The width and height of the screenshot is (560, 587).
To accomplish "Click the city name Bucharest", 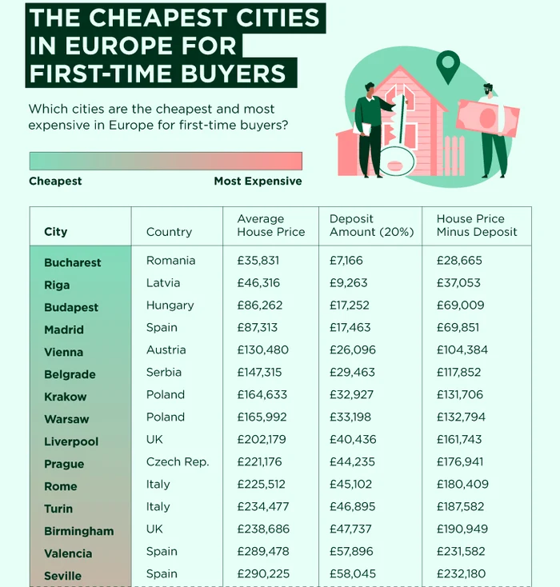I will coord(73,262).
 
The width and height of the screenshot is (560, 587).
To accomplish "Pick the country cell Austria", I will coord(166,350).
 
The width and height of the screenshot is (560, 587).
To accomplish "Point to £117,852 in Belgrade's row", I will coord(463,373).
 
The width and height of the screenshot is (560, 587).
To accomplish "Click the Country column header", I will coord(169,232).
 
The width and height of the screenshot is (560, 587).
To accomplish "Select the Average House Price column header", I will coord(270,226).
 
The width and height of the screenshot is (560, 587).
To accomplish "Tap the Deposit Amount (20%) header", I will coord(371,226).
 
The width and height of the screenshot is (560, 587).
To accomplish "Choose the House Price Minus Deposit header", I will coord(477,226).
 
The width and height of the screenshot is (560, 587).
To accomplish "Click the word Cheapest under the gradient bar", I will coord(55,182).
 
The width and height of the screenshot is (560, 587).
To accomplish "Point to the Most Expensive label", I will coord(258,182).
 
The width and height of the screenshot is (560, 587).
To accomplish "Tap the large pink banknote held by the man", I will coord(487,118).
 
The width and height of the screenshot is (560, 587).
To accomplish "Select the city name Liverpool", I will coord(71,441).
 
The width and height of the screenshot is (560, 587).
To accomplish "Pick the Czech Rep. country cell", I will coord(177,462).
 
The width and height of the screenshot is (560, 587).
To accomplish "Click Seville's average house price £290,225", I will coord(263,574).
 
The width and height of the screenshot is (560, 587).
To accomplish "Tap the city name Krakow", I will coord(66,397).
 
